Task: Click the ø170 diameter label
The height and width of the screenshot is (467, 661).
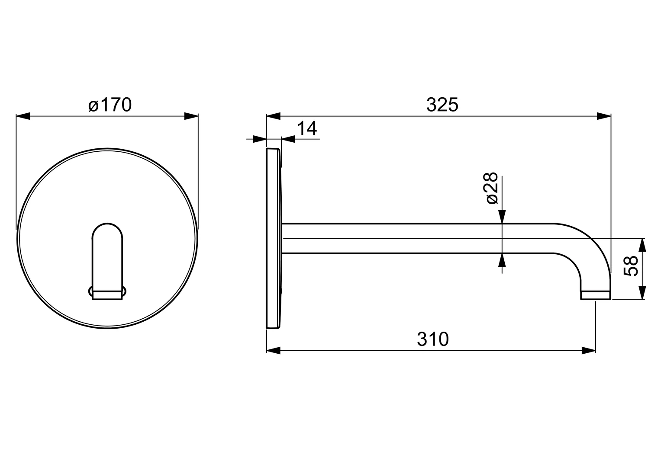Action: click(110, 105)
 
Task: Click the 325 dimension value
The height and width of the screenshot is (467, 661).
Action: click(442, 105)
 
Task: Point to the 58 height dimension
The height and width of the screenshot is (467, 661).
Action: click(632, 265)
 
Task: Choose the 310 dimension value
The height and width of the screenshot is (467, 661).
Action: click(433, 339)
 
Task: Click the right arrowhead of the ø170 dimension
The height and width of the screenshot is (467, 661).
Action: click(191, 116)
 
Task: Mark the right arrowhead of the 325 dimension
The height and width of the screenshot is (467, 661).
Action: click(603, 116)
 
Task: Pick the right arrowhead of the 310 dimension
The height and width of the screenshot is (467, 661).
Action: click(589, 350)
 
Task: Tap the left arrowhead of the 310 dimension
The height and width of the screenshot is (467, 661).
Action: click(274, 350)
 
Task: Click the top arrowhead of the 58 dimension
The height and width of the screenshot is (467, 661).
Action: click(643, 245)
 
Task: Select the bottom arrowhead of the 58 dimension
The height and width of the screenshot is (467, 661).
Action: click(643, 292)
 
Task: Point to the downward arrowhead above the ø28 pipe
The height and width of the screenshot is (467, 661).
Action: click(502, 217)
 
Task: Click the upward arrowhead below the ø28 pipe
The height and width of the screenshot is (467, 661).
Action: click(502, 260)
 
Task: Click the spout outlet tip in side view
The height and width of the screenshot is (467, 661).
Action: click(596, 295)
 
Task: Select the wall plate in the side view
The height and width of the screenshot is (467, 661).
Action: click(273, 238)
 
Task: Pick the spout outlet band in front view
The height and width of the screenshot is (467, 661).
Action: click(108, 294)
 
